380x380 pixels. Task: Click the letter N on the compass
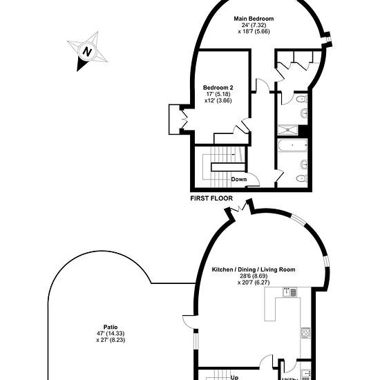click(x=87, y=51)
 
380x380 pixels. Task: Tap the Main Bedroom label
click(x=254, y=19)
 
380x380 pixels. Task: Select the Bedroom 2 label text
click(x=218, y=88)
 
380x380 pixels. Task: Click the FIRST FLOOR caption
click(x=211, y=198)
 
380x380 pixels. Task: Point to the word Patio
click(x=111, y=327)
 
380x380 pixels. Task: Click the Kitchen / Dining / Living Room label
click(x=254, y=269)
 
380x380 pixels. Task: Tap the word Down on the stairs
click(x=239, y=180)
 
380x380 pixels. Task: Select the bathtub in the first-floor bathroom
click(x=292, y=145)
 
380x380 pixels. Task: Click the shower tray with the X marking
click(x=287, y=130)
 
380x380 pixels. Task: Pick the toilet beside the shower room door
click(x=302, y=99)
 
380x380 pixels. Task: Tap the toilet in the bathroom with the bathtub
click(x=302, y=179)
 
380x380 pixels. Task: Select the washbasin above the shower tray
click(x=304, y=113)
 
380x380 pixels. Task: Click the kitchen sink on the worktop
click(x=289, y=292)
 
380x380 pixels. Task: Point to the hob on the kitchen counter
click(x=305, y=332)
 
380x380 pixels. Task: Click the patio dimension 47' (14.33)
click(x=111, y=334)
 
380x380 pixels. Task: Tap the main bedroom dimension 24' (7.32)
click(x=254, y=25)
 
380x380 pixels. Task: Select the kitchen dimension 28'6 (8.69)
click(x=254, y=276)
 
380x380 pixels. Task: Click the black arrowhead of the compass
click(x=81, y=64)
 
